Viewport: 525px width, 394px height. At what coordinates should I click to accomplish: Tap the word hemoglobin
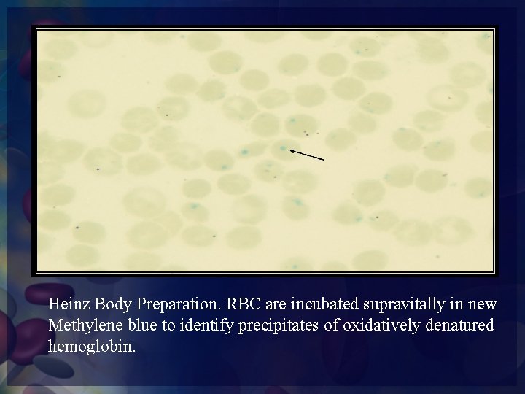(91, 344)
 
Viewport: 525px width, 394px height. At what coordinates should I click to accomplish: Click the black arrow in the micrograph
(307, 154)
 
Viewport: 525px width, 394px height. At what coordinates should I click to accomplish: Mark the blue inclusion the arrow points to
(283, 148)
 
